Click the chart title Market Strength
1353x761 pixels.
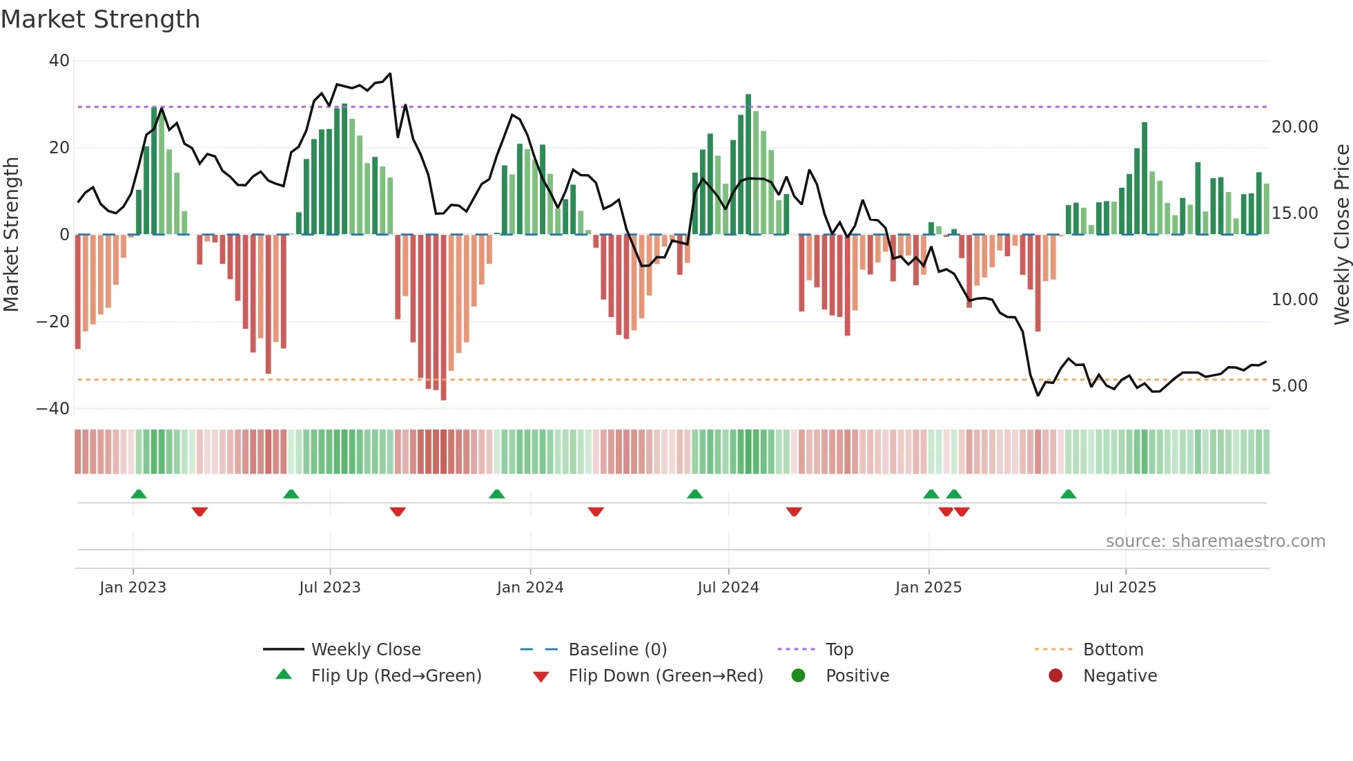click(x=100, y=19)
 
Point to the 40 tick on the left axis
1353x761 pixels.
click(x=59, y=61)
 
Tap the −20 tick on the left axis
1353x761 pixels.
click(x=53, y=322)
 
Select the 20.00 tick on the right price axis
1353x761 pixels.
click(x=1294, y=127)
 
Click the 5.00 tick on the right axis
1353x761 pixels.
click(x=1289, y=386)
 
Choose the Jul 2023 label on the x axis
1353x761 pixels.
click(x=329, y=588)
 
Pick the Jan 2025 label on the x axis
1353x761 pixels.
click(x=928, y=588)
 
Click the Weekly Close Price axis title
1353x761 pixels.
click(x=1341, y=235)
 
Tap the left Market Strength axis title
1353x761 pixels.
click(x=11, y=235)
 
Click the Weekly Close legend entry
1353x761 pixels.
click(x=365, y=650)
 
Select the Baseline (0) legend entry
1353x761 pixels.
click(x=617, y=650)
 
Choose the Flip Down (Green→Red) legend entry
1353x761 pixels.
click(x=665, y=676)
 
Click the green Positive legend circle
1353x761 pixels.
click(x=798, y=676)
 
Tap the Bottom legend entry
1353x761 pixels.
click(x=1113, y=650)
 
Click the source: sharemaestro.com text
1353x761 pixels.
click(x=1215, y=541)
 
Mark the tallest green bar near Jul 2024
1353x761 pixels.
click(x=748, y=164)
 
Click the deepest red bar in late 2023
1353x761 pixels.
click(x=443, y=318)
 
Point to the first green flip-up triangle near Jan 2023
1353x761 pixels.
click(x=139, y=494)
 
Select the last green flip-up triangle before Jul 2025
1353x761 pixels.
click(x=1068, y=494)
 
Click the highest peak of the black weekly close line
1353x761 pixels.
click(x=390, y=74)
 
